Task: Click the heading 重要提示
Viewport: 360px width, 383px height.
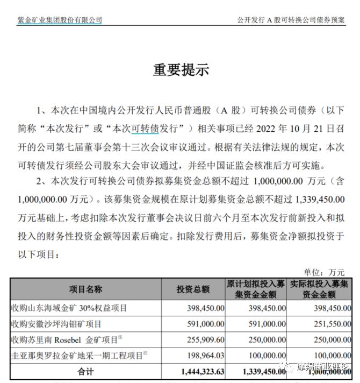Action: click(180, 69)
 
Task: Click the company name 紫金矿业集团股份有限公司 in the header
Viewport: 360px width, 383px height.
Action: click(59, 20)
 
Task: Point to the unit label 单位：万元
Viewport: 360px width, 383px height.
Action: click(324, 272)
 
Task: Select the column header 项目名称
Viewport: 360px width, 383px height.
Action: click(85, 289)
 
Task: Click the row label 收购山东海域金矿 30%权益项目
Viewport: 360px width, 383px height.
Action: click(69, 308)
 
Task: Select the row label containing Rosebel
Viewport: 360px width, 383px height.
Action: click(72, 340)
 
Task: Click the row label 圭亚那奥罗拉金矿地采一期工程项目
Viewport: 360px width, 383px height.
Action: click(79, 356)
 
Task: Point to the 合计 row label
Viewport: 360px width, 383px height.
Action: click(85, 371)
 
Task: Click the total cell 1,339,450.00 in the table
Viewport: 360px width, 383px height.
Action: click(259, 371)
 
